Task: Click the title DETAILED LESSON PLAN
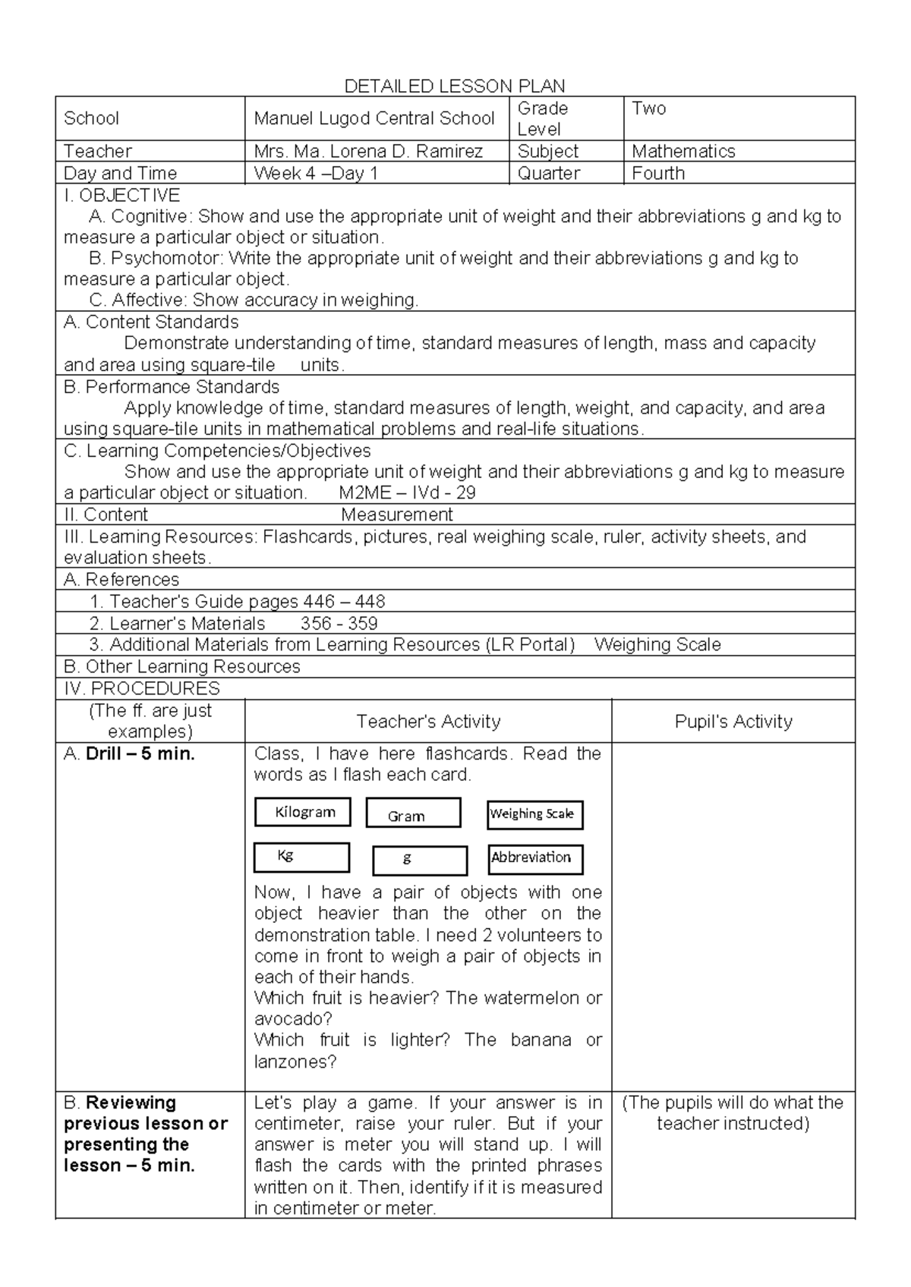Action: [455, 86]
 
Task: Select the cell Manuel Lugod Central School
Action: [374, 118]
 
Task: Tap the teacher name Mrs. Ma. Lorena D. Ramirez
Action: [368, 151]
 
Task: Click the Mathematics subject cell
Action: [683, 151]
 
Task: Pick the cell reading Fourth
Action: [658, 173]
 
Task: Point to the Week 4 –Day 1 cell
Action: [316, 173]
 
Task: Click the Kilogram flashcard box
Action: [302, 812]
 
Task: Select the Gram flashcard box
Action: [413, 813]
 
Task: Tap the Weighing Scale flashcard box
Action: [534, 815]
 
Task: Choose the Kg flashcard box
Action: [301, 857]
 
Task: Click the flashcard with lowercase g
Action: [420, 861]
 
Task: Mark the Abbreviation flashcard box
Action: [535, 859]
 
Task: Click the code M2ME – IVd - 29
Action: [408, 492]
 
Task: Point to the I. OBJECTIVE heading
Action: [121, 195]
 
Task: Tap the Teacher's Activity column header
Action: [428, 721]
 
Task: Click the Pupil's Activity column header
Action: [733, 721]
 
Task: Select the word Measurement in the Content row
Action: [396, 514]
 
